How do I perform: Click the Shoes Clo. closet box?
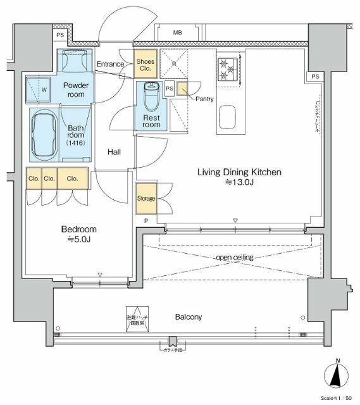(145, 65)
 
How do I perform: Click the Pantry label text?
(204, 99)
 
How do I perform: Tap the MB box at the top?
(178, 32)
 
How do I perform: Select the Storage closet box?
(146, 199)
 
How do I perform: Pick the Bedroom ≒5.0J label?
(79, 235)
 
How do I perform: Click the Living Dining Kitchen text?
(239, 172)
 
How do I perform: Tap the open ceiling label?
(235, 258)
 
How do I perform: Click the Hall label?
(114, 152)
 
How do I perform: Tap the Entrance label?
(110, 65)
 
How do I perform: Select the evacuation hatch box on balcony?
(135, 320)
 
